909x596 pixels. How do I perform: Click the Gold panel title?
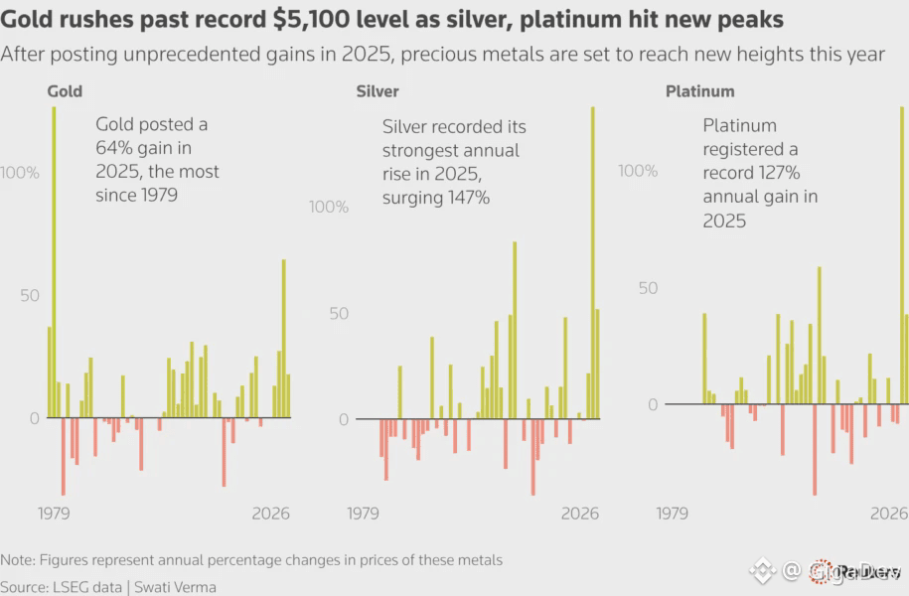tap(65, 91)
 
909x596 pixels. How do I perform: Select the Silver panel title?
tap(378, 91)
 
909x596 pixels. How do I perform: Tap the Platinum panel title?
tap(699, 91)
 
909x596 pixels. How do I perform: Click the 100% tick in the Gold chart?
tap(20, 172)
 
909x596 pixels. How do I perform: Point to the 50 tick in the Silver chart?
tap(340, 314)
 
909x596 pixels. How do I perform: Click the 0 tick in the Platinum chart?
tap(652, 404)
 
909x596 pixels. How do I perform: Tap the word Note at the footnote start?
tap(17, 560)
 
